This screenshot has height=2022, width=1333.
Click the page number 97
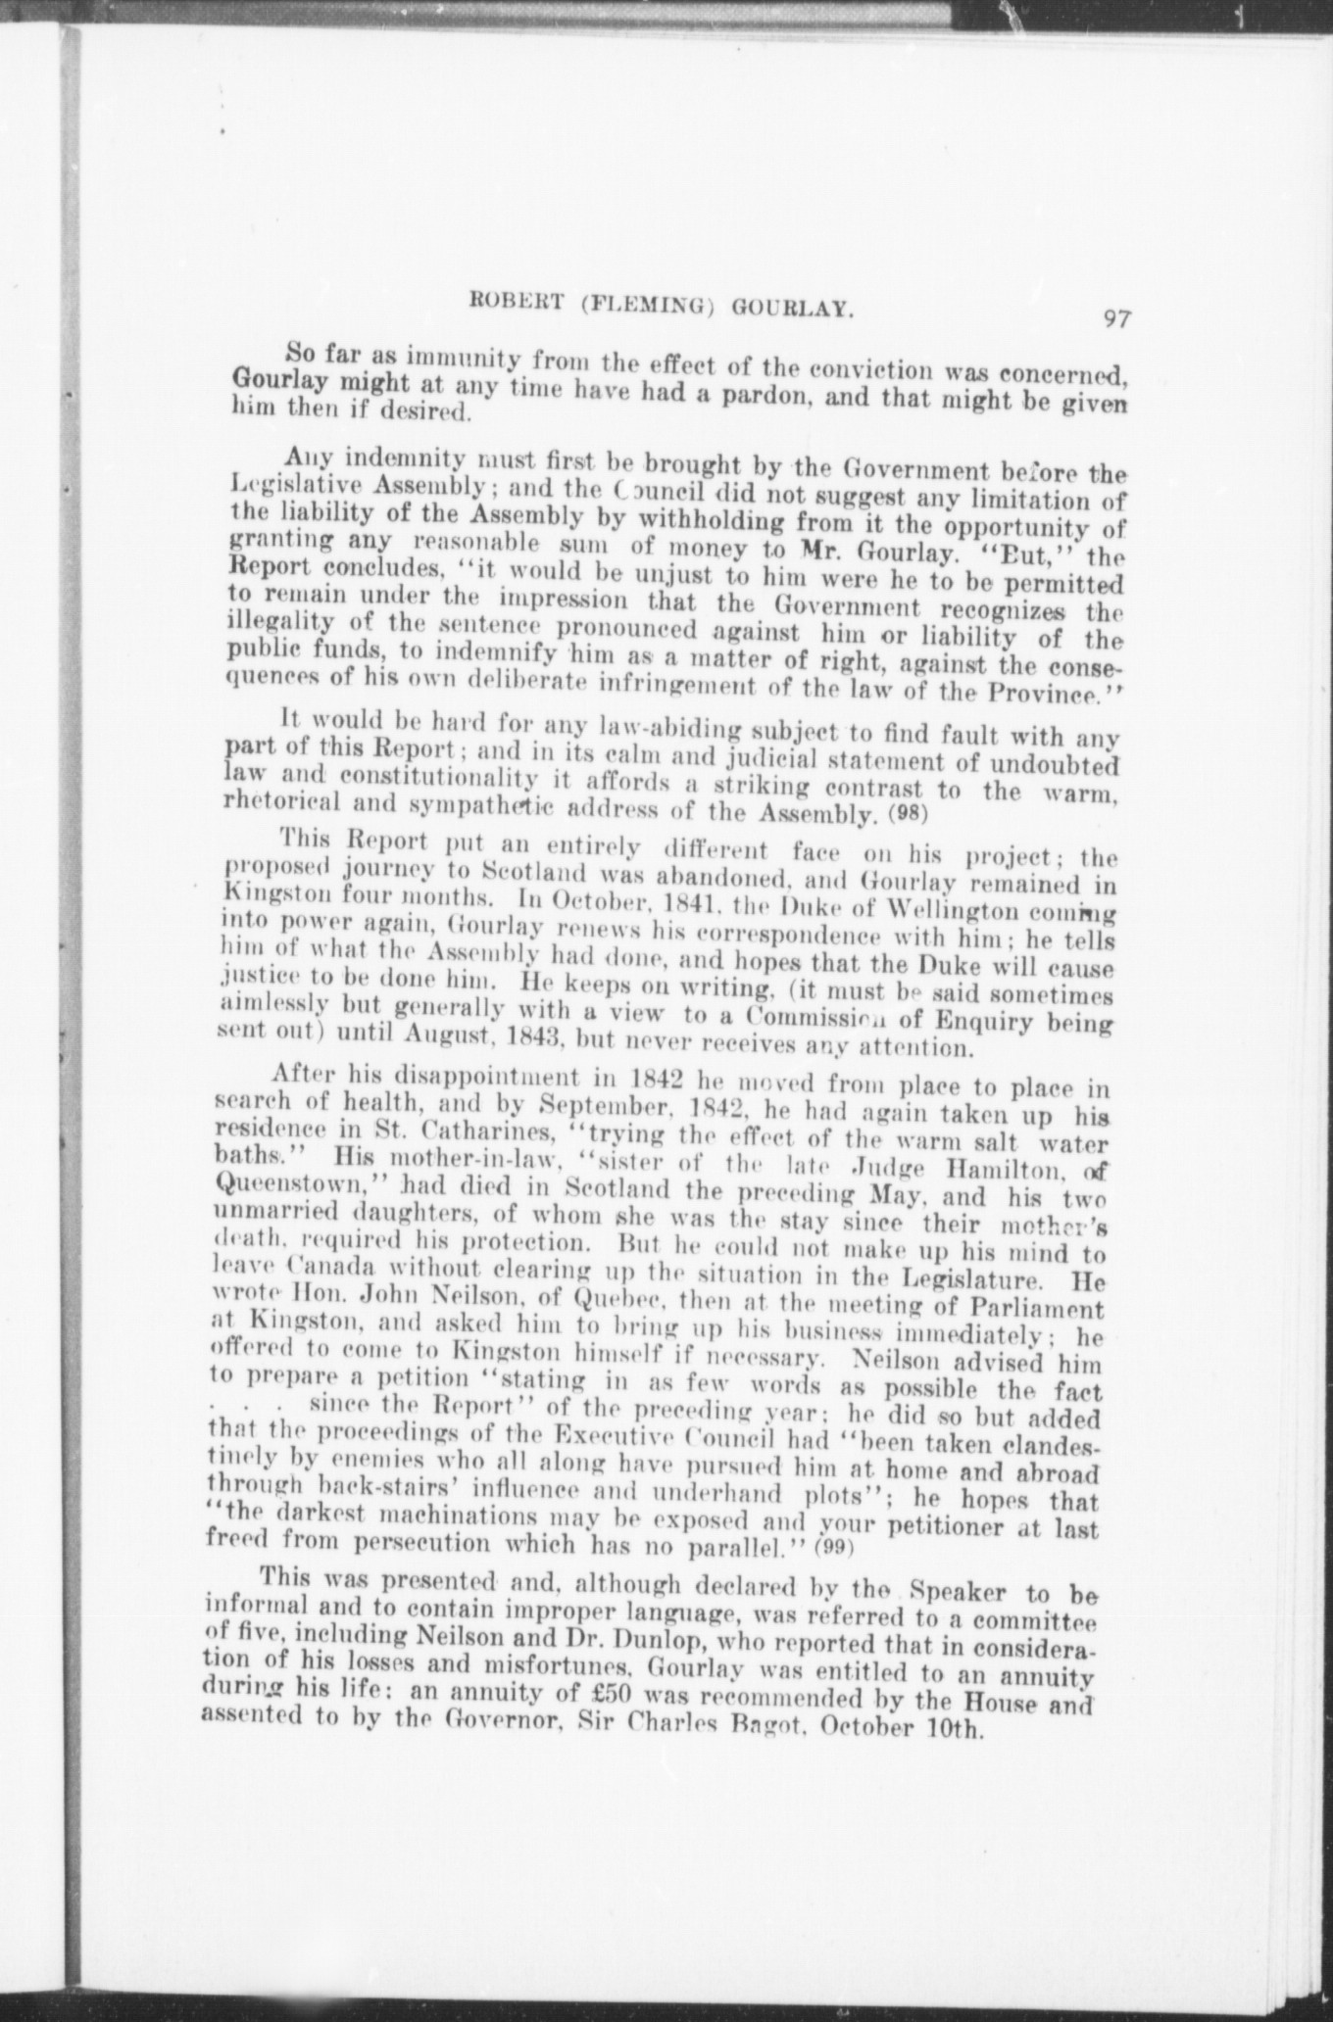tap(1116, 318)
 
